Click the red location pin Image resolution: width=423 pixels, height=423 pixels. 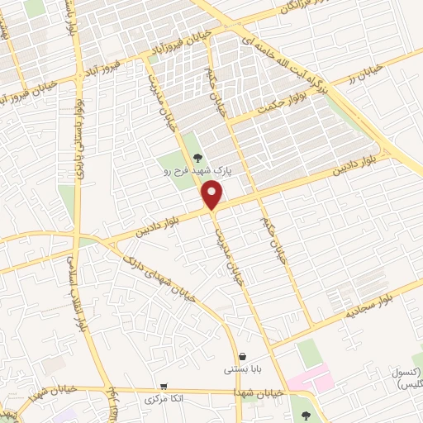(x=213, y=195)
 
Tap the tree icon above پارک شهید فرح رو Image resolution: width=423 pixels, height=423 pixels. (x=197, y=157)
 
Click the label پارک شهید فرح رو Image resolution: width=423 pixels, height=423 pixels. (x=196, y=171)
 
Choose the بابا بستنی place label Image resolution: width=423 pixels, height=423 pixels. (x=240, y=370)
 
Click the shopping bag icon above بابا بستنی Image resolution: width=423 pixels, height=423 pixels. (x=240, y=356)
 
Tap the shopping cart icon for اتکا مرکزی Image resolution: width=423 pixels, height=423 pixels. (x=164, y=386)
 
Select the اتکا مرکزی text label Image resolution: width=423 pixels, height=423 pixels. (x=163, y=399)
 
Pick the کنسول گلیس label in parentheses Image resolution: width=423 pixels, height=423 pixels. (x=405, y=379)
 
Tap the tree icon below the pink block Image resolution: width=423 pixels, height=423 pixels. (x=307, y=416)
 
